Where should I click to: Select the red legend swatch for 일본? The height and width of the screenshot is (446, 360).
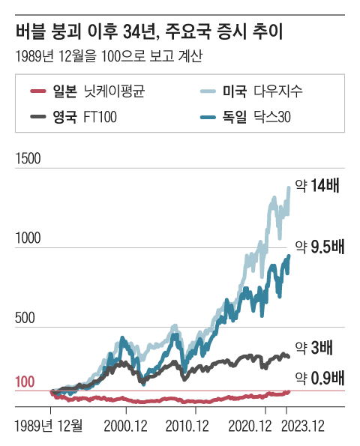(x=39, y=93)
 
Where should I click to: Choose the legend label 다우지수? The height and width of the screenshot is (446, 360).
(x=282, y=93)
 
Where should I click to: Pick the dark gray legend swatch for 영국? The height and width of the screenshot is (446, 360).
(x=39, y=116)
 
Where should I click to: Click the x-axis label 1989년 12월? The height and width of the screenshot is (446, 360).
(x=49, y=426)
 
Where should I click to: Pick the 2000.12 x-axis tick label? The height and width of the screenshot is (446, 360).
(x=126, y=426)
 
